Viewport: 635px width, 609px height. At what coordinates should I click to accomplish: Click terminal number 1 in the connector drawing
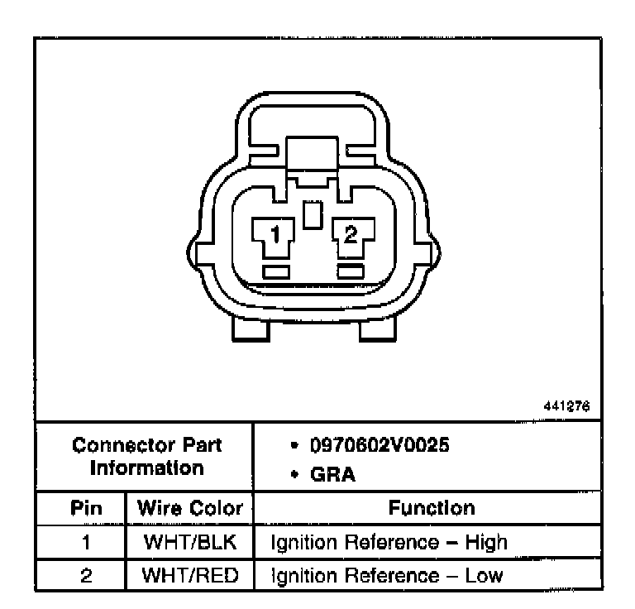[275, 236]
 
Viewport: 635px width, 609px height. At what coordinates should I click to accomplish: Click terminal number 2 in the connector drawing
[351, 236]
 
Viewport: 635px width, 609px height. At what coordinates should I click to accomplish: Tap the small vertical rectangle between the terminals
[312, 216]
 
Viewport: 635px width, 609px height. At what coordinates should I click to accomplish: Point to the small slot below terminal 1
[275, 271]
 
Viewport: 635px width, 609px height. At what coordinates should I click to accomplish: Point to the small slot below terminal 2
[351, 271]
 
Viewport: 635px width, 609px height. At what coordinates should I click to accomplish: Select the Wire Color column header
[189, 508]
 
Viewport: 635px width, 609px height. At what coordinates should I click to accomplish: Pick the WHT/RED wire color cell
[189, 573]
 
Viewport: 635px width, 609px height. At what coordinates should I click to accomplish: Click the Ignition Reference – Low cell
[387, 573]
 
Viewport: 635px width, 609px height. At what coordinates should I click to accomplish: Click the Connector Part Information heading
[147, 457]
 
